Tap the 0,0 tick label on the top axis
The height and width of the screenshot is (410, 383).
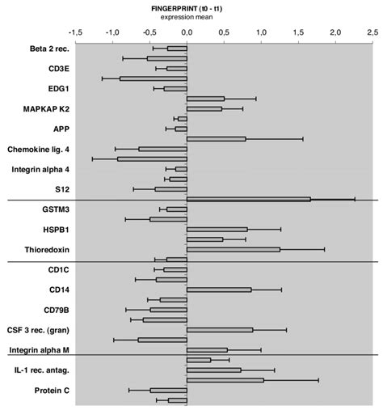coord(187,31)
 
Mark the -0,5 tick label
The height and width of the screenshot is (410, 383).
coord(149,31)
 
